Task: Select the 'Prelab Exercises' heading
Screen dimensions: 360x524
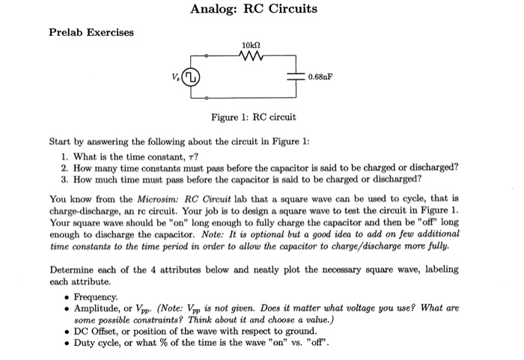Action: tap(91, 32)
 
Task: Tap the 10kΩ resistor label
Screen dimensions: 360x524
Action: tap(251, 46)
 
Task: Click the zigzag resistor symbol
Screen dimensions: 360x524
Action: tap(251, 56)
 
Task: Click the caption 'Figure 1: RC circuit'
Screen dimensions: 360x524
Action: tap(254, 118)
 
